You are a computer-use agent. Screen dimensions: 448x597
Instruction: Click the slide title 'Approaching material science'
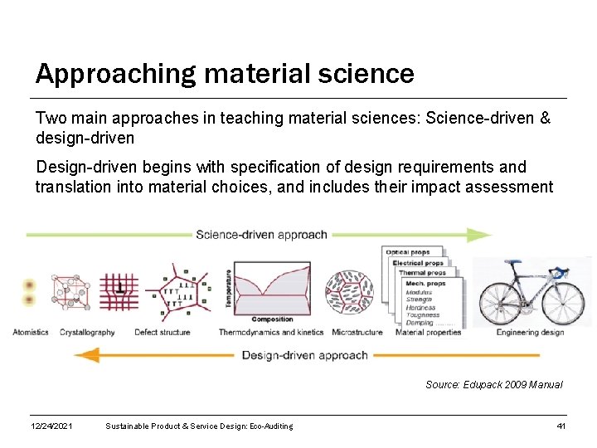(225, 74)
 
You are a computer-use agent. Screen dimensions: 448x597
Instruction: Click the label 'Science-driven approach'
(261, 235)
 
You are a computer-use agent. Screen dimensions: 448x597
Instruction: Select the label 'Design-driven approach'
(304, 355)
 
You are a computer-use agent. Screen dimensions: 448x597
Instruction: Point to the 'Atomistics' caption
(31, 333)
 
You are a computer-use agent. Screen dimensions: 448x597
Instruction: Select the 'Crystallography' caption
(87, 333)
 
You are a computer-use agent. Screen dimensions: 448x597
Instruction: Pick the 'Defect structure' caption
(162, 333)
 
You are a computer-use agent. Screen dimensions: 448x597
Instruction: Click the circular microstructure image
(348, 293)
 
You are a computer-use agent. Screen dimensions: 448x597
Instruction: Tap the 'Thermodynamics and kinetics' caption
(272, 333)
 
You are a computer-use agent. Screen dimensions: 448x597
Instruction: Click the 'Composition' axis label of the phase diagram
(272, 319)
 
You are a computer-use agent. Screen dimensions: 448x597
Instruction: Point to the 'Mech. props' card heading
(425, 284)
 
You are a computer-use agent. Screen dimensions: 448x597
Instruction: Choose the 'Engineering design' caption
(530, 333)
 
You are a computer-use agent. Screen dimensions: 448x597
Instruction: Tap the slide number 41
(561, 426)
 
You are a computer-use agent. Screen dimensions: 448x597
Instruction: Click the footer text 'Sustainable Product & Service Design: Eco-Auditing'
(199, 426)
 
